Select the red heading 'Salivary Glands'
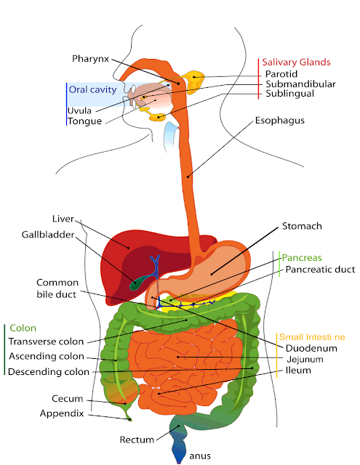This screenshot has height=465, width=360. [x=297, y=62]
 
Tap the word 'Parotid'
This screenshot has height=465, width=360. [x=281, y=73]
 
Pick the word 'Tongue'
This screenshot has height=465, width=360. [x=85, y=121]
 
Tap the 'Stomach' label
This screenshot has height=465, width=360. [x=302, y=226]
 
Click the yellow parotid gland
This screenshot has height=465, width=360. [x=194, y=81]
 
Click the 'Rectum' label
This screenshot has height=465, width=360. [x=137, y=440]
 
